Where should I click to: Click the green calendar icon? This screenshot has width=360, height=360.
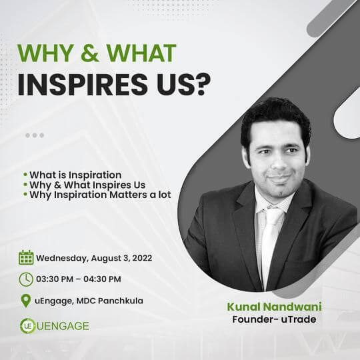(26, 257)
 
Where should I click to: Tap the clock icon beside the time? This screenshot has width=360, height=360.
(26, 279)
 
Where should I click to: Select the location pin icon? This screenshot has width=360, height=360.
(26, 301)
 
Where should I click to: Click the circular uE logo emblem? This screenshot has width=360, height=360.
(27, 326)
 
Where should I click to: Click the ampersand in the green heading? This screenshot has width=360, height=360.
(90, 53)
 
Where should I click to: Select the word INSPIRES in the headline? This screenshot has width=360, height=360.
(82, 85)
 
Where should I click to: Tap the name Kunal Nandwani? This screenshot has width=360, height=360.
(274, 307)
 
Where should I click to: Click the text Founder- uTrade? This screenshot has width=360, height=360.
(274, 319)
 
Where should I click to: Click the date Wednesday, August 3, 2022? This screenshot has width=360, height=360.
(94, 258)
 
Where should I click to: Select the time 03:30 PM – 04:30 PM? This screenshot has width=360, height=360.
(79, 279)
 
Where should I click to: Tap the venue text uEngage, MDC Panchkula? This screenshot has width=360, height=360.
(89, 301)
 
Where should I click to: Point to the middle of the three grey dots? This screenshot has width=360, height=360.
(35, 135)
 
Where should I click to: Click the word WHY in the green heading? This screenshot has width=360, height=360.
(45, 53)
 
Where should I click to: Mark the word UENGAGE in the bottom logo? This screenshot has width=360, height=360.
(63, 326)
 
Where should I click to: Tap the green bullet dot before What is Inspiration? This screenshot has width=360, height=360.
(25, 175)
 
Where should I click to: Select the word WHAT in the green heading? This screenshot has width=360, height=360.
(141, 53)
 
